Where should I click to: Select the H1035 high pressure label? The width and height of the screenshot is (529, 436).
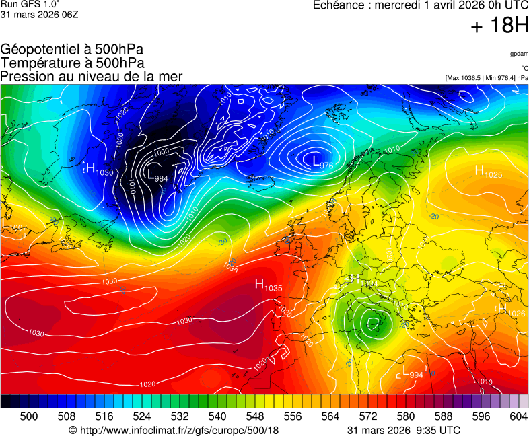point(268,285)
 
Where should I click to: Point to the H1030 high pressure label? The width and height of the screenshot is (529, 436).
point(99,170)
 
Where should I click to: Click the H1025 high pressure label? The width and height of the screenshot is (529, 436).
point(489,172)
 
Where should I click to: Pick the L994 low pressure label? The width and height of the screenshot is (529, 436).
point(412,373)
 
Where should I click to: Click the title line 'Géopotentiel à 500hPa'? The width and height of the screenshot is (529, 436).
point(72,50)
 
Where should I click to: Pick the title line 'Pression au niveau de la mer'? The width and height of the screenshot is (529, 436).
point(92,77)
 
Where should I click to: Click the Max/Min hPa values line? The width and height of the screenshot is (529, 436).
point(487,78)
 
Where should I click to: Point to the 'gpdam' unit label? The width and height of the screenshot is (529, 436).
point(519,54)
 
